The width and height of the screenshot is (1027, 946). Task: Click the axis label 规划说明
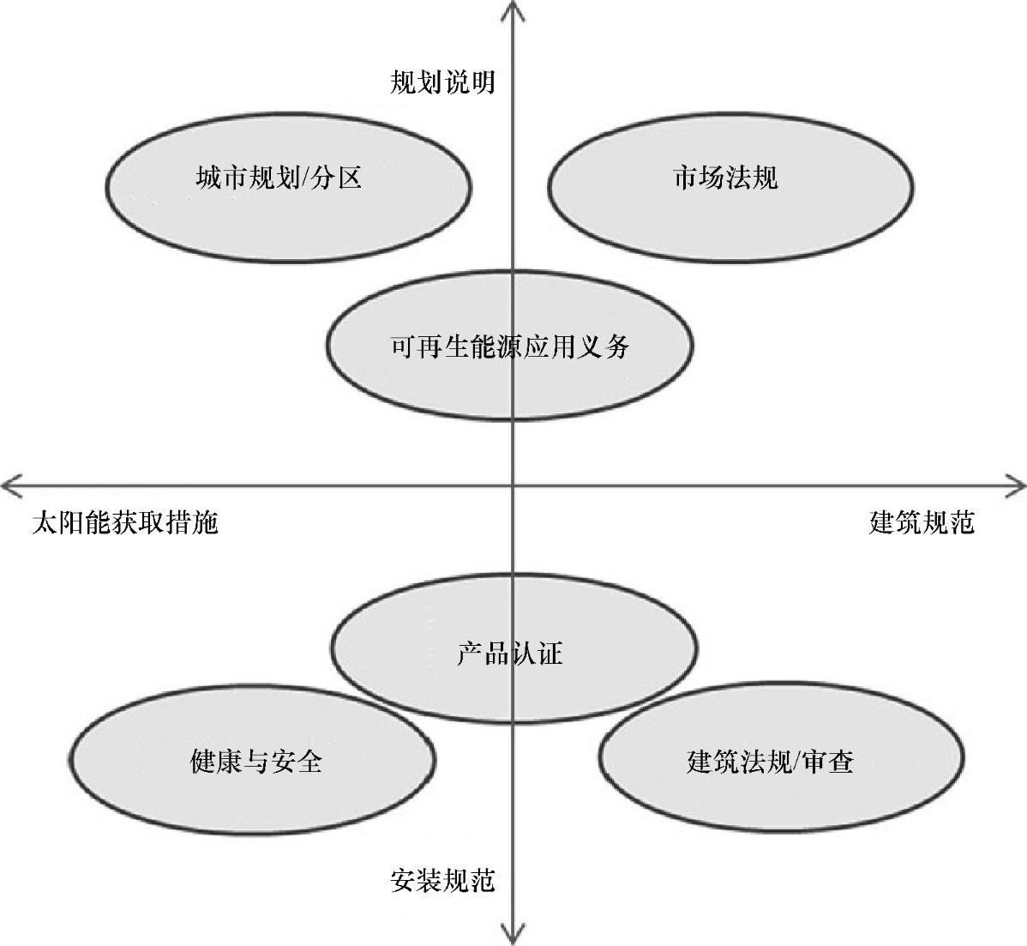tap(442, 82)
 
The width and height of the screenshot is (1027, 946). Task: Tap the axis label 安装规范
tap(442, 880)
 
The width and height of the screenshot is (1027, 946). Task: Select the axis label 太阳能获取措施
tap(125, 522)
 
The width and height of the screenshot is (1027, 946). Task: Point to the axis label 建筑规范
tap(922, 522)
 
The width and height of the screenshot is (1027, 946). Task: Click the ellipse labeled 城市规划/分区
tap(289, 185)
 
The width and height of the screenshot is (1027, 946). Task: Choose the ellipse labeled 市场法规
tap(730, 185)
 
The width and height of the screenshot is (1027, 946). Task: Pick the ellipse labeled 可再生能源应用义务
tap(509, 346)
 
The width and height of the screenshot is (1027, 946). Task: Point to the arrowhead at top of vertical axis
tap(513, 9)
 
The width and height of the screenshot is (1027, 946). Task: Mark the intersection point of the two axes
tap(513, 486)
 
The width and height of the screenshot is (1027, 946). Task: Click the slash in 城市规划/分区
tap(303, 178)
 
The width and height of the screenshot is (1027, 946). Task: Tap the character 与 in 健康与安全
tap(255, 761)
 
